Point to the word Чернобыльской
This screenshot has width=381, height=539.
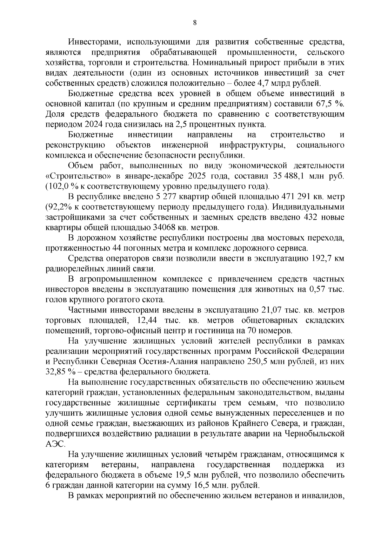click(x=314, y=433)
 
